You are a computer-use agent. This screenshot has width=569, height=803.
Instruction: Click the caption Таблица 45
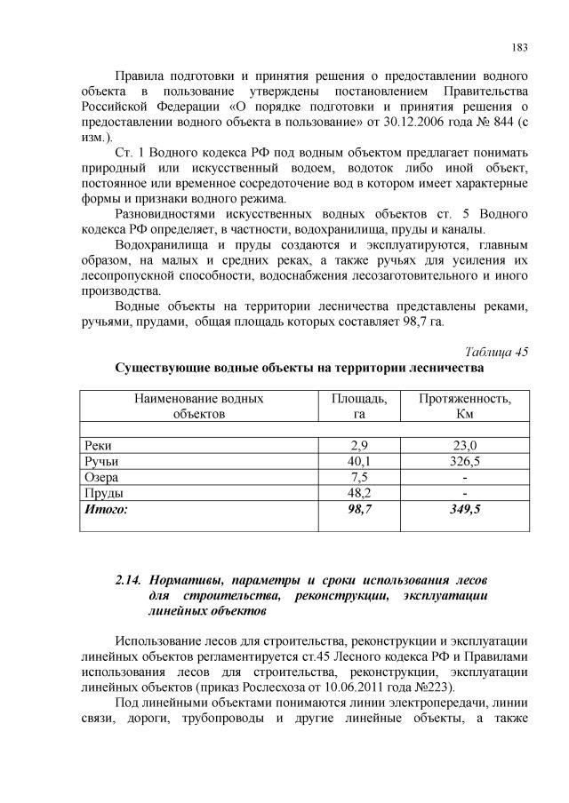(x=496, y=351)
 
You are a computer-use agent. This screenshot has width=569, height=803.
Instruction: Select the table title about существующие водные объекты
(x=299, y=368)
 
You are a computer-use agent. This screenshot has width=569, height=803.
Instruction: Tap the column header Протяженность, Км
(x=465, y=406)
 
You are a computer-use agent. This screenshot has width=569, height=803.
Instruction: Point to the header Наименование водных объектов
(x=198, y=406)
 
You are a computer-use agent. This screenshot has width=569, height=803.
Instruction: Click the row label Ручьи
(x=100, y=462)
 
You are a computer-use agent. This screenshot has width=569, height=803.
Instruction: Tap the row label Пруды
(x=102, y=494)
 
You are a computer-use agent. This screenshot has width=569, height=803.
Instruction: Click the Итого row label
(x=106, y=510)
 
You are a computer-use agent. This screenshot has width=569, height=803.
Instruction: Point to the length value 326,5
(x=465, y=462)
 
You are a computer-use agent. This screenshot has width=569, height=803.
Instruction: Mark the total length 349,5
(x=465, y=510)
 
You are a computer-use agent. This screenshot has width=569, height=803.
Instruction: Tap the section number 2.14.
(x=130, y=580)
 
